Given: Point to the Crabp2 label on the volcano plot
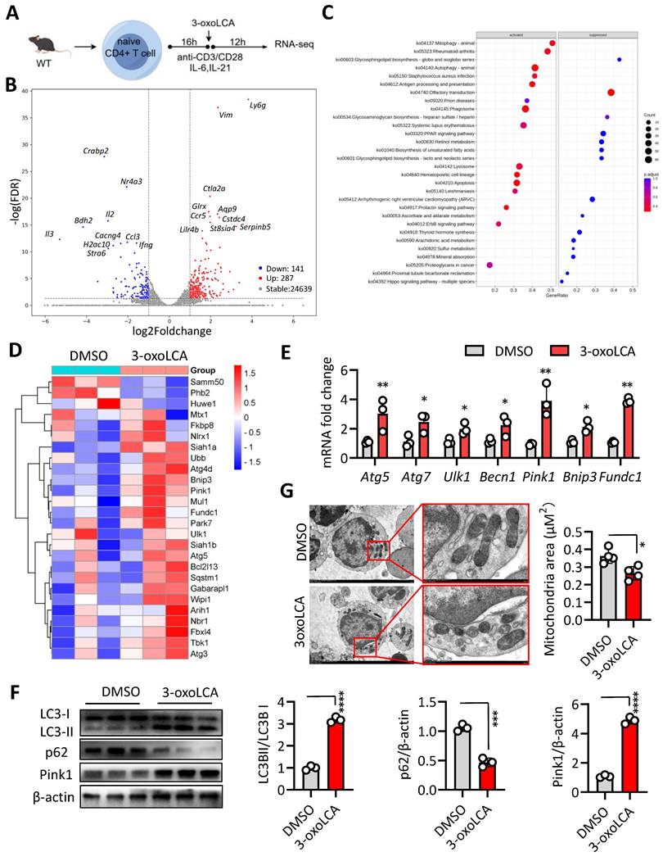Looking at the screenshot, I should pos(97,151).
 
